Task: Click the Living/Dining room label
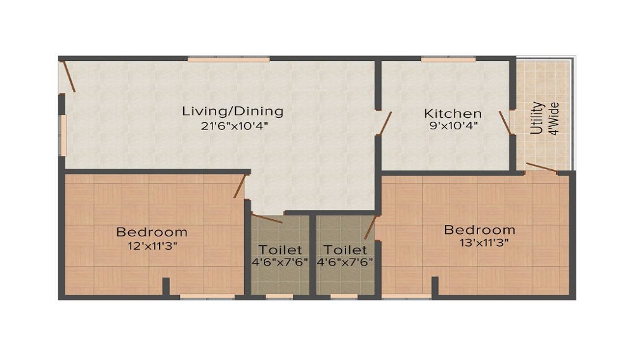[233, 112]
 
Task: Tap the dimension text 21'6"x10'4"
[233, 125]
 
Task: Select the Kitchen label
[453, 113]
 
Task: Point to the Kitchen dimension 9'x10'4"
[453, 125]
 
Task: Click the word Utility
[537, 118]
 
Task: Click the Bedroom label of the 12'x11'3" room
[152, 232]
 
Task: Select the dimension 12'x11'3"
[152, 245]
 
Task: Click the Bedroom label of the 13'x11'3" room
[479, 229]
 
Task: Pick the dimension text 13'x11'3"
[479, 241]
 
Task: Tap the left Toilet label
[280, 250]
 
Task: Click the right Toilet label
[345, 250]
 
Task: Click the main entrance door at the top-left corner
[68, 76]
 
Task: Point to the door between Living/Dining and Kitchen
[384, 123]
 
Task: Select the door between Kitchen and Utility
[505, 123]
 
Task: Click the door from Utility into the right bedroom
[542, 168]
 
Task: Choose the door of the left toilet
[267, 219]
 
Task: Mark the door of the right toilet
[370, 227]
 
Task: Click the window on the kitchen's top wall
[448, 60]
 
